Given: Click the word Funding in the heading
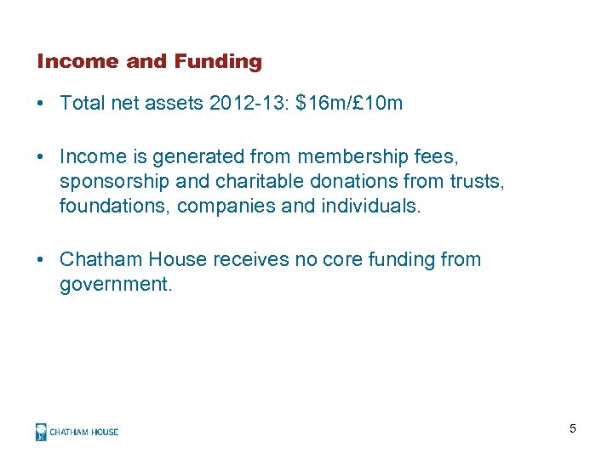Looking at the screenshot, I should [x=218, y=61].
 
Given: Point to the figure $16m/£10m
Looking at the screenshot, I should [x=349, y=104].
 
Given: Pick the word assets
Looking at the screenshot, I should [x=173, y=104].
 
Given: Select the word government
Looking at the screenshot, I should [x=116, y=284].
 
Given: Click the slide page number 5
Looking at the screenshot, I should [x=573, y=428].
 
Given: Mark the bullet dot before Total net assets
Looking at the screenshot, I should [x=41, y=105].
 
